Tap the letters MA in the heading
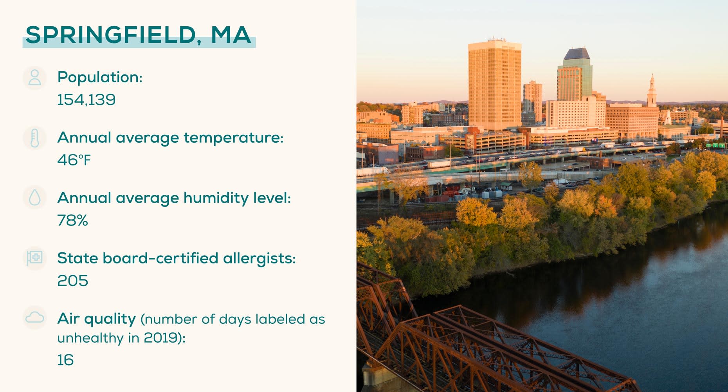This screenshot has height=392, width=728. pos(231,35)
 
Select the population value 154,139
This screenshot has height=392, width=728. pos(86,100)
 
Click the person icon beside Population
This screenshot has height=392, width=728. pos(35,78)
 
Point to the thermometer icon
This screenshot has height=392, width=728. pos(35,138)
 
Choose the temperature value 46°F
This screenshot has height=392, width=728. pos(74,160)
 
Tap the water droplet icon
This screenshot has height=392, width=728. pos(35,198)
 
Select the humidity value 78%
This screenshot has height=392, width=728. pos(72,220)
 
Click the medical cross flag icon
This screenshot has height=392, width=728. pos(35,258)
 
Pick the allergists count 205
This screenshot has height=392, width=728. pos(72,281)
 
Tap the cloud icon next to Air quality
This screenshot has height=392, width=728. pos(35,318)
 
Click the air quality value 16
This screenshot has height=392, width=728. pos(65,360)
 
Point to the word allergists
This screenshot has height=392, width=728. pos(259,258)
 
